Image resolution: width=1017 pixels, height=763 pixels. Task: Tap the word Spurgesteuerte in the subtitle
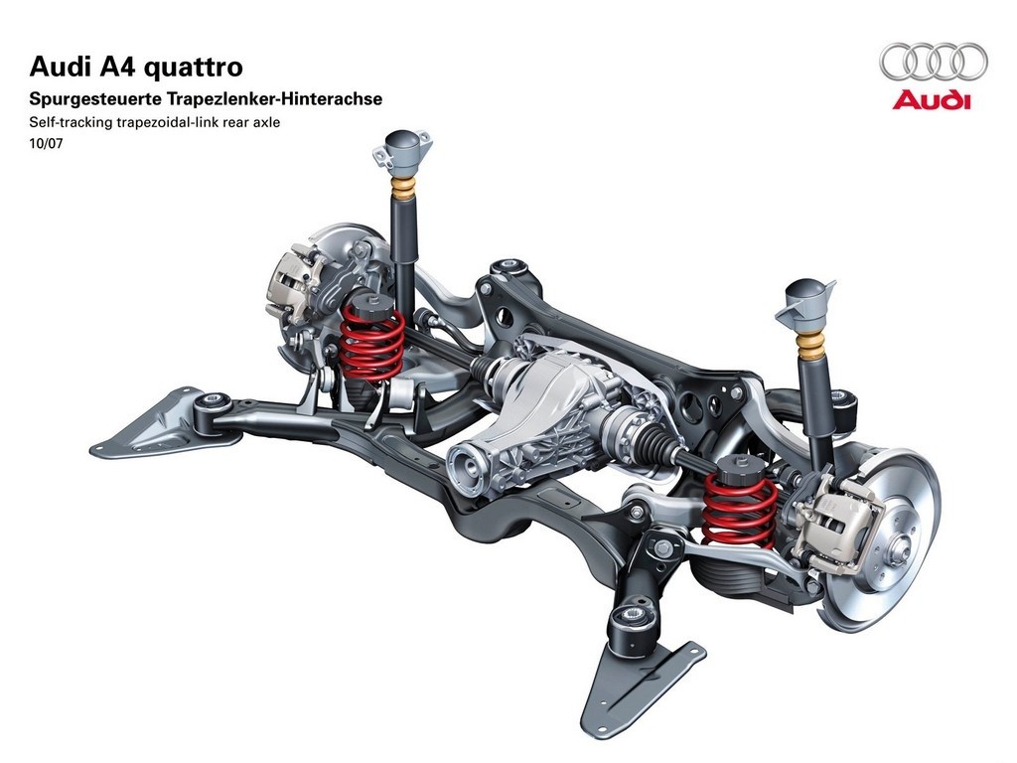pyautogui.click(x=96, y=100)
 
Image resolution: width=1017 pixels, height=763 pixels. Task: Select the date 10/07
pyautogui.click(x=46, y=143)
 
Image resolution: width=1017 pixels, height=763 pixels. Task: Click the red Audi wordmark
pyautogui.click(x=932, y=100)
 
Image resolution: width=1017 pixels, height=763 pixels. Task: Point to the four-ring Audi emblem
pyautogui.click(x=934, y=62)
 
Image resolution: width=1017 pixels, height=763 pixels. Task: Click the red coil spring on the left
pyautogui.click(x=371, y=342)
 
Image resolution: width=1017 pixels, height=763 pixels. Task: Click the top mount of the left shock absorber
pyautogui.click(x=402, y=149)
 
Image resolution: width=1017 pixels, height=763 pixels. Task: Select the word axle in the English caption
pyautogui.click(x=268, y=122)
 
